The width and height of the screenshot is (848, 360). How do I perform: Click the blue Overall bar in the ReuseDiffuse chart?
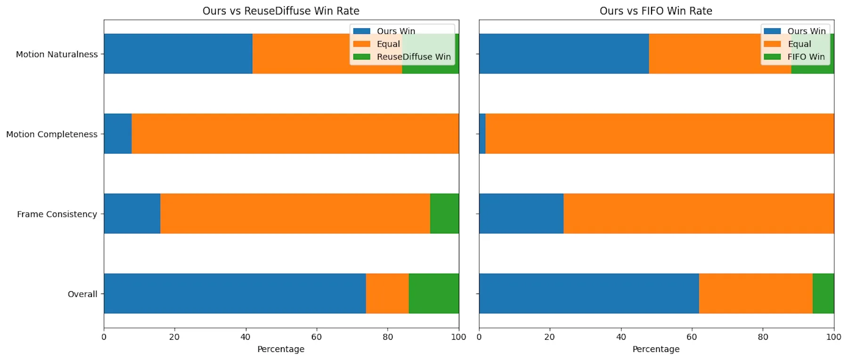coord(235,293)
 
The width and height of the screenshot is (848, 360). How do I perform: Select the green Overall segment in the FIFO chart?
coord(823,293)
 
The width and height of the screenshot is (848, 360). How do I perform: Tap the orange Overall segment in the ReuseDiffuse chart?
coord(387,293)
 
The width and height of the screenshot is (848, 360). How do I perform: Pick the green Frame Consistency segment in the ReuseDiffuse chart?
coord(444,213)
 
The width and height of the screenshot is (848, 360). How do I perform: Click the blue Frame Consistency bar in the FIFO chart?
coord(521,213)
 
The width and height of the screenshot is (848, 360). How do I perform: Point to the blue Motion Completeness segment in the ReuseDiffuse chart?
coord(118,133)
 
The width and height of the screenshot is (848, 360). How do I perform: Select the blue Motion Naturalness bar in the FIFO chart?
coord(563,53)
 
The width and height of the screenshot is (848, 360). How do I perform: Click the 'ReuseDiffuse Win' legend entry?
coord(413,57)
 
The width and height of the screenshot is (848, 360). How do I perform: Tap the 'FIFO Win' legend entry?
coord(806,57)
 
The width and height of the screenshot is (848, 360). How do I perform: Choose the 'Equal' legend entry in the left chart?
coord(388,44)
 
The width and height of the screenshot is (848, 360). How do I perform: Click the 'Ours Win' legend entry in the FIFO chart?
coord(806,31)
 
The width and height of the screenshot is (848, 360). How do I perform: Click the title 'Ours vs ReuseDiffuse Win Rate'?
coord(281,11)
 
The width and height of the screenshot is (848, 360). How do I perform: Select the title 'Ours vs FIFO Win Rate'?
coord(656,11)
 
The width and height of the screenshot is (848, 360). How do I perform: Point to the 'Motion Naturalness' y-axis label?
coord(57,54)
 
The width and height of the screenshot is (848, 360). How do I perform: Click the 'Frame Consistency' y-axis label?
coord(57,214)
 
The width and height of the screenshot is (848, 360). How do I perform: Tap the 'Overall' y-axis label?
coord(82,294)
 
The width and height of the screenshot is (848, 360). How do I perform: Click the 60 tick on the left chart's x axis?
coord(316,337)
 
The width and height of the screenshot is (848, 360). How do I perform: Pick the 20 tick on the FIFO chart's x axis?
coord(550,337)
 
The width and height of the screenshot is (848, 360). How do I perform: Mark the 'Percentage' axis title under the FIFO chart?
coord(656,349)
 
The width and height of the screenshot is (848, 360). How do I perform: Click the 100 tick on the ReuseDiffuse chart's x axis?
coord(458,337)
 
